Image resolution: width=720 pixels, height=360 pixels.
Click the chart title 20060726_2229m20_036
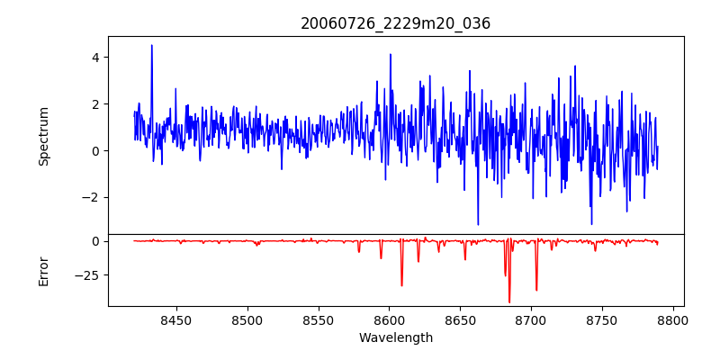(395, 23)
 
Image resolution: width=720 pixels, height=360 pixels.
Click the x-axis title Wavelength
(395, 337)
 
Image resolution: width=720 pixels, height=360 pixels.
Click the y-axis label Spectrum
(43, 136)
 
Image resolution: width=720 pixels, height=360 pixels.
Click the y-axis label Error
(43, 271)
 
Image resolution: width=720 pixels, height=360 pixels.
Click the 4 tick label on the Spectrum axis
(95, 57)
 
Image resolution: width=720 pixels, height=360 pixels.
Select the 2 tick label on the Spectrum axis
(95, 103)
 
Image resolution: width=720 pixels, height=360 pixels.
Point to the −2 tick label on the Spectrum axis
(92, 197)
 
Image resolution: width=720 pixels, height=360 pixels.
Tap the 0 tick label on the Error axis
(95, 241)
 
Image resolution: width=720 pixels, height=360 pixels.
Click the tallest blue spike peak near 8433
(151, 45)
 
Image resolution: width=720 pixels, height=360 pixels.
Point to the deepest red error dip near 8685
(509, 302)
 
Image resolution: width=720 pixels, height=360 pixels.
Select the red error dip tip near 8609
(401, 286)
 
